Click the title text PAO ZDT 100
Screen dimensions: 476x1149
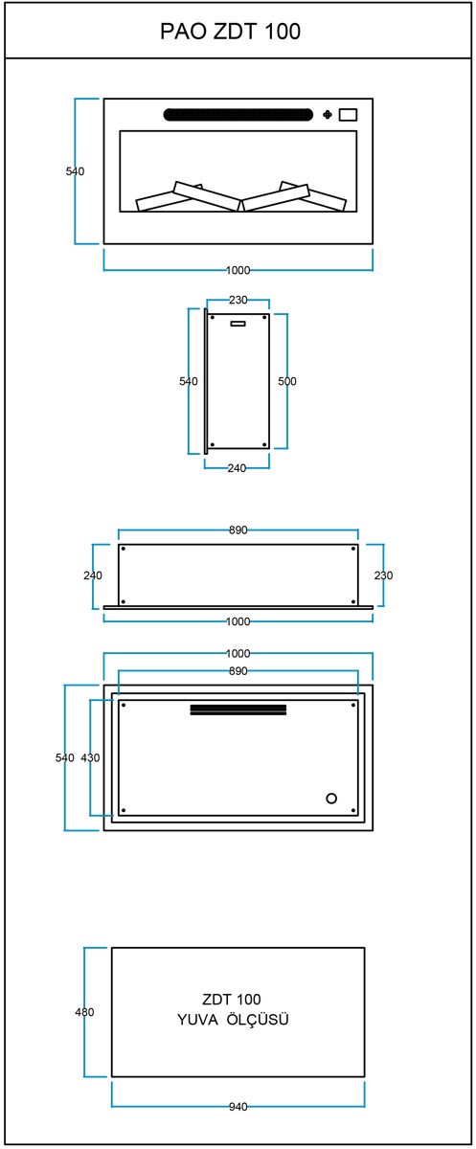(x=230, y=32)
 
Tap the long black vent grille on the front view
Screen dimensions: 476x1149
(x=238, y=114)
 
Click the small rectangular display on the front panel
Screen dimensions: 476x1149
(x=348, y=114)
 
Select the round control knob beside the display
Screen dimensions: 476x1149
(x=328, y=114)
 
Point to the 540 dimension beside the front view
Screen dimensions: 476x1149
(x=75, y=171)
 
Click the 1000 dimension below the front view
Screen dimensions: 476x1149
(x=238, y=270)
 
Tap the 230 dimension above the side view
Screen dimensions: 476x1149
(x=238, y=300)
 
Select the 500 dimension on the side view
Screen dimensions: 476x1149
(x=287, y=381)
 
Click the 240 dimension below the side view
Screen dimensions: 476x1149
(x=237, y=468)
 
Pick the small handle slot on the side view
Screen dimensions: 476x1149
(x=238, y=324)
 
